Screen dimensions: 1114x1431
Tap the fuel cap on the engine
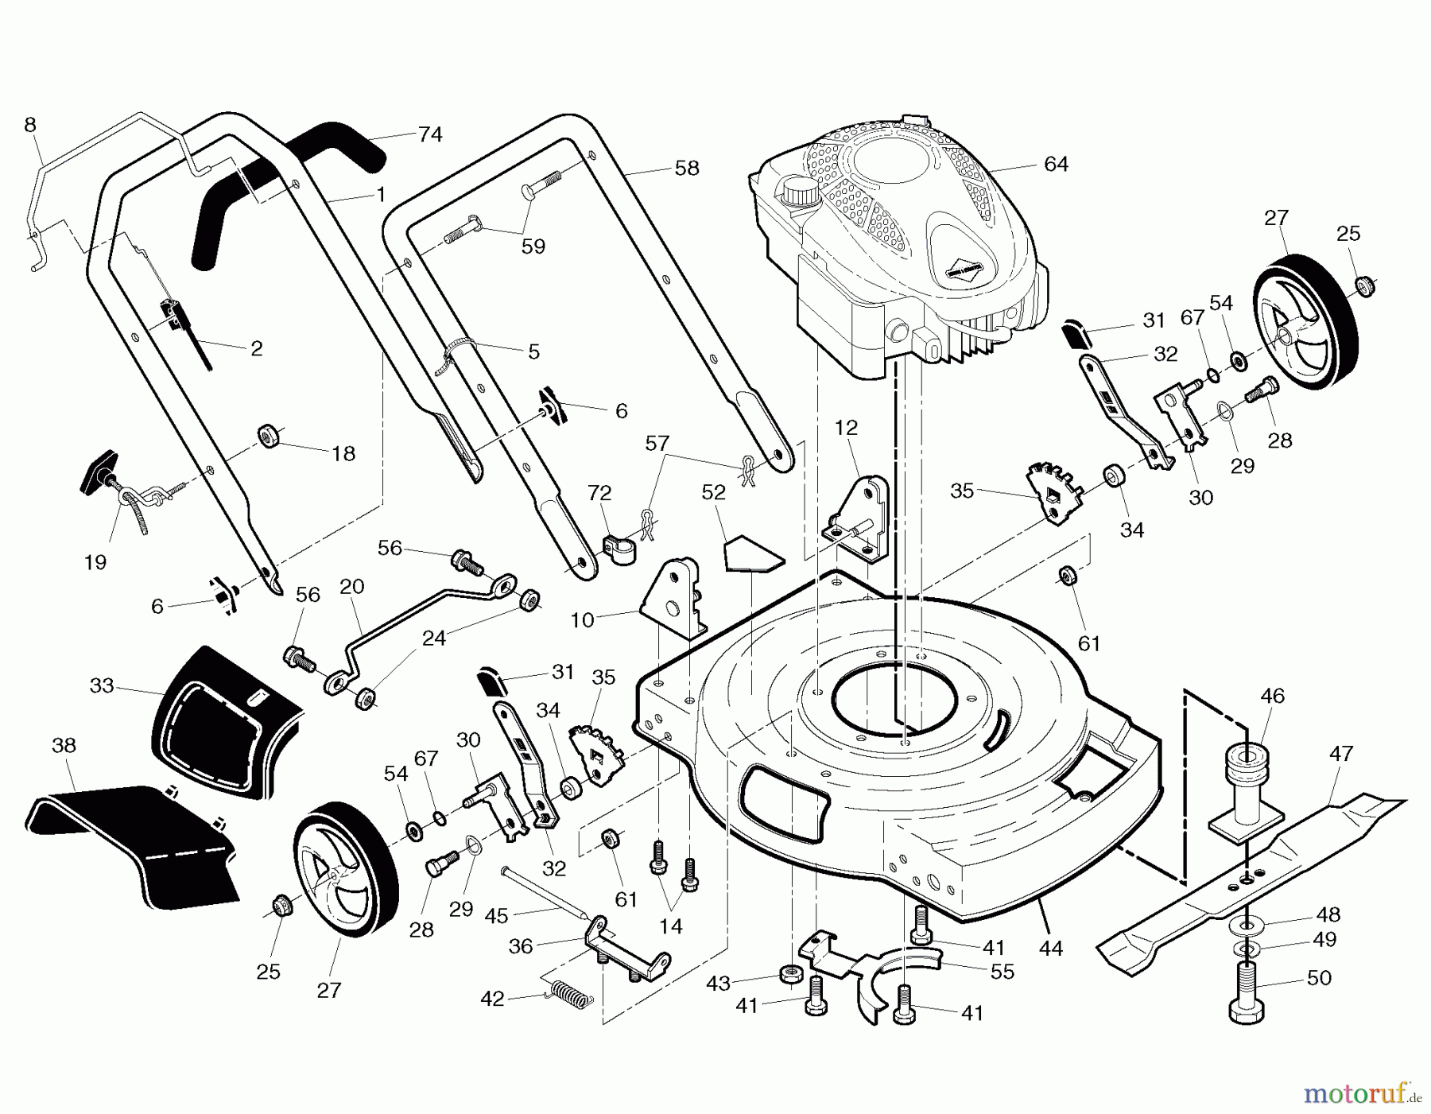[x=799, y=194]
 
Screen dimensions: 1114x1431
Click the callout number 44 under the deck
[x=1050, y=948]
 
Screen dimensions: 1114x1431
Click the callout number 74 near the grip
[x=429, y=134]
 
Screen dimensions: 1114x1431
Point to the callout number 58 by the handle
[x=686, y=169]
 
